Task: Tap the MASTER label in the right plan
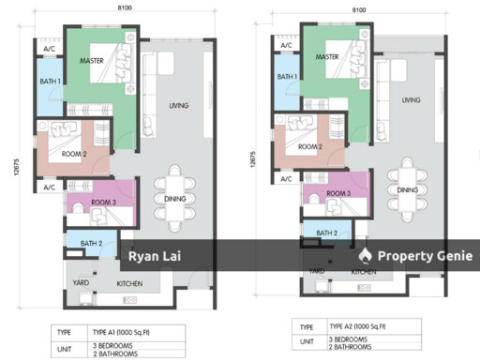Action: (326, 57)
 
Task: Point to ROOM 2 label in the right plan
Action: (309, 146)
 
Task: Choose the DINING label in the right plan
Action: (407, 190)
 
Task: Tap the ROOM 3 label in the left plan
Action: (103, 201)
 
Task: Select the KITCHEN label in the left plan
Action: (129, 281)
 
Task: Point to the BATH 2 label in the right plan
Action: (326, 234)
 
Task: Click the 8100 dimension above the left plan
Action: (112, 8)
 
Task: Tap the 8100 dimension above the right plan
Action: (358, 10)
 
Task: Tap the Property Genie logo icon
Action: (366, 255)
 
